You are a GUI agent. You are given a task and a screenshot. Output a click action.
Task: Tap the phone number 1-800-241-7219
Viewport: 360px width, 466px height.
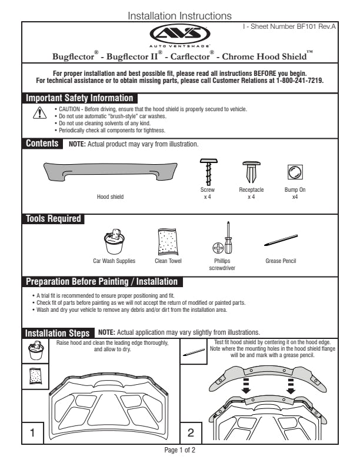pyautogui.click(x=299, y=81)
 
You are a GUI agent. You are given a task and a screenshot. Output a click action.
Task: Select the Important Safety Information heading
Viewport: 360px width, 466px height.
pyautogui.click(x=79, y=98)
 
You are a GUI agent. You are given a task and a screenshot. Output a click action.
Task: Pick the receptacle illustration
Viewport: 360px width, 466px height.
pyautogui.click(x=251, y=172)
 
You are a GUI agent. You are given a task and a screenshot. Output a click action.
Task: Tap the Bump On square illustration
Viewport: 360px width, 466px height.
pyautogui.click(x=295, y=172)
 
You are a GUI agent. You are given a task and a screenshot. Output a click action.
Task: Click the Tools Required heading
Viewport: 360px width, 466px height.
pyautogui.click(x=53, y=219)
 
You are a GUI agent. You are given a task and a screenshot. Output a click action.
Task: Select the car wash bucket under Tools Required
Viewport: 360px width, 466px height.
pyautogui.click(x=114, y=241)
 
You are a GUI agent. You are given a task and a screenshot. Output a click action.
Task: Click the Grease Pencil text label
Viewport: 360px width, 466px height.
pyautogui.click(x=281, y=261)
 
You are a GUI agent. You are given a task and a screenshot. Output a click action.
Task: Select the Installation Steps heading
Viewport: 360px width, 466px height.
pyautogui.click(x=58, y=333)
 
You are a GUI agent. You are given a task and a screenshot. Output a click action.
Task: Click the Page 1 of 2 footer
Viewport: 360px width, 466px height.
pyautogui.click(x=179, y=450)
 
